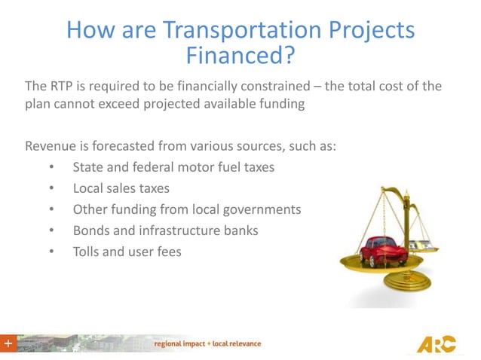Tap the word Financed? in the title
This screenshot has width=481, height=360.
point(240,56)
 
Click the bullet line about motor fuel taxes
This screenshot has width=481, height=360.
point(173,166)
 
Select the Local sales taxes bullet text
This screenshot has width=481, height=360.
point(121,188)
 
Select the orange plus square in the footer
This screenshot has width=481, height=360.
point(8,343)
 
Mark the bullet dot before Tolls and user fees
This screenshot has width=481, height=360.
point(51,252)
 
